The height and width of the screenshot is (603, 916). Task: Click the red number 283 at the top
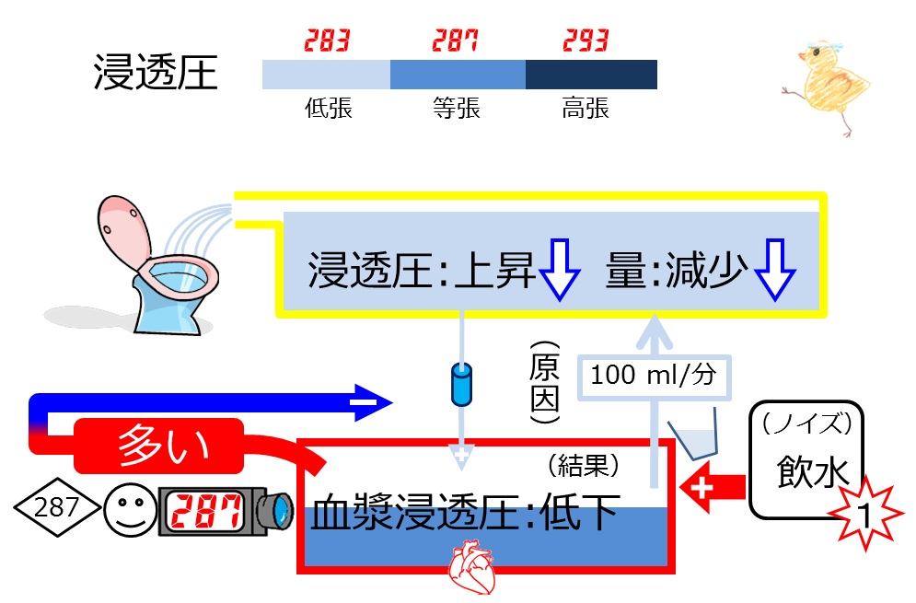(327, 41)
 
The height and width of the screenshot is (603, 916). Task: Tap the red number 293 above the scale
(586, 41)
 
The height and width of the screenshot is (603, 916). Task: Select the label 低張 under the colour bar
(329, 108)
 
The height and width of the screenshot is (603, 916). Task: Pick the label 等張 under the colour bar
(457, 108)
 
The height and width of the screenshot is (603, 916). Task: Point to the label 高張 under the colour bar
(586, 108)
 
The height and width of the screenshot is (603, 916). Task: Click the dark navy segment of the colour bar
(591, 75)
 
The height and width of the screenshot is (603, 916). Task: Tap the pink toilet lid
(124, 234)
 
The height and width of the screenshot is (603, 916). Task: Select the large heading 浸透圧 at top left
(156, 73)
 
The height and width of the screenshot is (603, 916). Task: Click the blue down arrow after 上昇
(559, 270)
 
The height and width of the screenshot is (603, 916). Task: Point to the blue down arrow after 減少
(774, 270)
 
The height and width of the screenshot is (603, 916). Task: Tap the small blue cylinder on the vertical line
(461, 385)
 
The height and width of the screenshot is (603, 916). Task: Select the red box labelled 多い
(159, 446)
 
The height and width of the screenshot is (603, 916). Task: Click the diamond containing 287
(56, 507)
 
